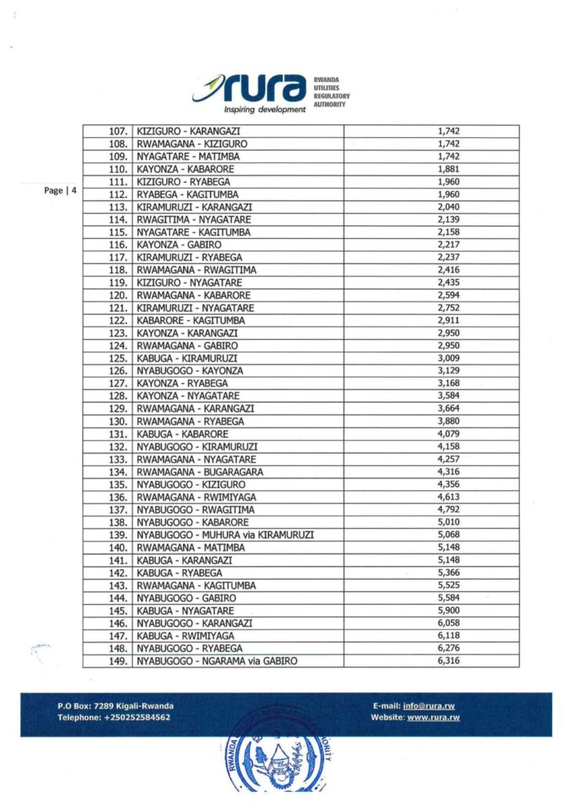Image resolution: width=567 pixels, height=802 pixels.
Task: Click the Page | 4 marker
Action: coord(60,190)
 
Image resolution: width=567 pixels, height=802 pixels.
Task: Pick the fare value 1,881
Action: coord(448,169)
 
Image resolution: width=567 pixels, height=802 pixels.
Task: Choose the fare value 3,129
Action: coord(448,370)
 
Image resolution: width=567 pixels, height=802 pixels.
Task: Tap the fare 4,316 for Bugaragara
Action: coord(448,472)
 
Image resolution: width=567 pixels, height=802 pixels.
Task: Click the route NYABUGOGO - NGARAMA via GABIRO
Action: coord(217,661)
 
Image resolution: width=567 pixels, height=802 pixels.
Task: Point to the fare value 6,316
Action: coord(448,661)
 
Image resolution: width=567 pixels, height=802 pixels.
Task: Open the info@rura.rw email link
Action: coord(431,706)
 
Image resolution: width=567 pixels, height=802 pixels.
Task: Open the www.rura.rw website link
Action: coord(433,717)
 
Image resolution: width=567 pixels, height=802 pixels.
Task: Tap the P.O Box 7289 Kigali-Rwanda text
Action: coord(115,706)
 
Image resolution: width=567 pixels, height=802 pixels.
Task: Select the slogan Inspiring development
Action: coord(265,110)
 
